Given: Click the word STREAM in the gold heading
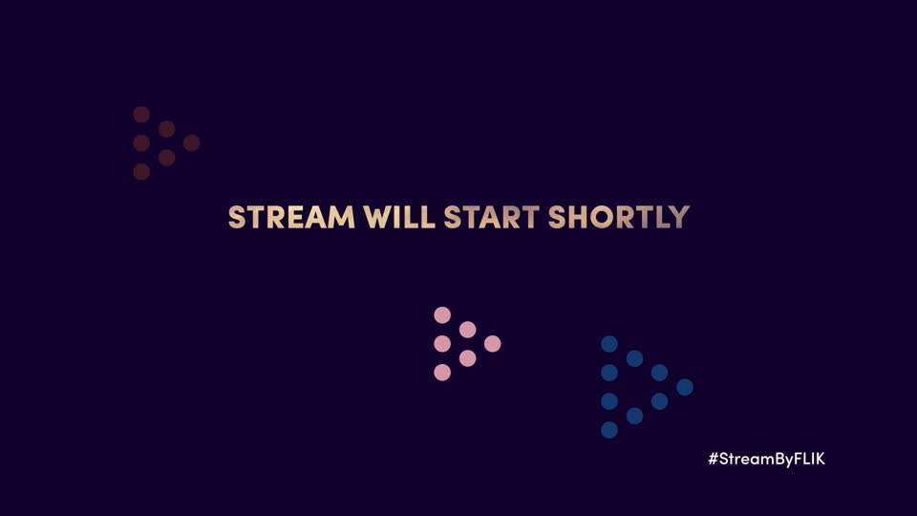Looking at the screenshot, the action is pos(291,217).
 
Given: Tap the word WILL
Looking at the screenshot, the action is pos(399,217).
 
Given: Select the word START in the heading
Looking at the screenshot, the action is pos(491,217).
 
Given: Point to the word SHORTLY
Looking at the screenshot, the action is pos(619,217).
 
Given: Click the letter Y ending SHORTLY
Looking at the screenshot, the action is pos(679,217).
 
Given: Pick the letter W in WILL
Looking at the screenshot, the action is pos(378,217).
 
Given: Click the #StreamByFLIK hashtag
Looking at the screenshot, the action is pos(767,459).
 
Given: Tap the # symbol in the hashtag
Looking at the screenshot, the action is pos(714,459).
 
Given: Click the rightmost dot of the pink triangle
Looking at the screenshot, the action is pos(493,343).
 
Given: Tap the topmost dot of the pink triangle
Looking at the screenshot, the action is pos(442,315).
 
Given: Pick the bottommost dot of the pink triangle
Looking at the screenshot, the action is pos(442,372).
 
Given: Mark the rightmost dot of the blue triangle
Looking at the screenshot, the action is pos(685,387).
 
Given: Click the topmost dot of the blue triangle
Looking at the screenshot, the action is pos(609,344).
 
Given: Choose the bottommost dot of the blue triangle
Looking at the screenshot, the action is pos(609,430).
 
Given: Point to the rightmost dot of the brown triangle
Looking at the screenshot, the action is pos(192,142).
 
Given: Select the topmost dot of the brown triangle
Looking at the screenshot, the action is pos(141,114).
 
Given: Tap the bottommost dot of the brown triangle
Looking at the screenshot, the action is pos(141,171).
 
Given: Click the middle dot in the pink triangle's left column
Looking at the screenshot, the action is pos(442,343).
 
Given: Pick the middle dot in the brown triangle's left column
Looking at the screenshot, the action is pos(141,142).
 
